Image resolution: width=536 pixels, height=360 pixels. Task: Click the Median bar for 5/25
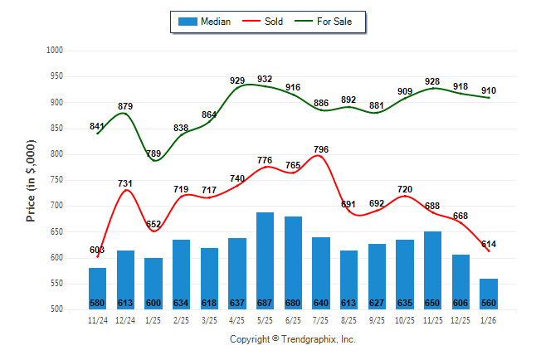click(x=265, y=257)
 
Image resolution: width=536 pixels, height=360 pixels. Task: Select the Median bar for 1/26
click(x=489, y=290)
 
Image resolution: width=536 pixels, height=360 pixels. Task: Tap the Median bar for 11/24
click(x=97, y=286)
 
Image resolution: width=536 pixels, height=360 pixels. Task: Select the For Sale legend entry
click(x=334, y=22)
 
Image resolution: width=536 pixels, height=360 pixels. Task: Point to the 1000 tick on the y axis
click(x=55, y=51)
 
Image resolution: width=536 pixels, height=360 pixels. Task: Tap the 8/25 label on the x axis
click(x=348, y=319)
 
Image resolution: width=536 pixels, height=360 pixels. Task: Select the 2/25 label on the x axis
click(x=181, y=319)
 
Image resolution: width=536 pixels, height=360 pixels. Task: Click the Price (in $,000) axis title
click(x=31, y=180)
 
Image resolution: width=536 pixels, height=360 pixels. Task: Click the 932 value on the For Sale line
click(x=265, y=79)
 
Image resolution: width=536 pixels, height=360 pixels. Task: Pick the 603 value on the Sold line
click(x=97, y=250)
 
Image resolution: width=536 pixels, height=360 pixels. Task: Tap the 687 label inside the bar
click(x=265, y=302)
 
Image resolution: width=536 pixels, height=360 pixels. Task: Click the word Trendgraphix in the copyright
click(x=309, y=339)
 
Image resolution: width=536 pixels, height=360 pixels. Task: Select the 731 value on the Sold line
click(x=125, y=183)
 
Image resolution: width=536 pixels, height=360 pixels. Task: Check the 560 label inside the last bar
click(x=489, y=302)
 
